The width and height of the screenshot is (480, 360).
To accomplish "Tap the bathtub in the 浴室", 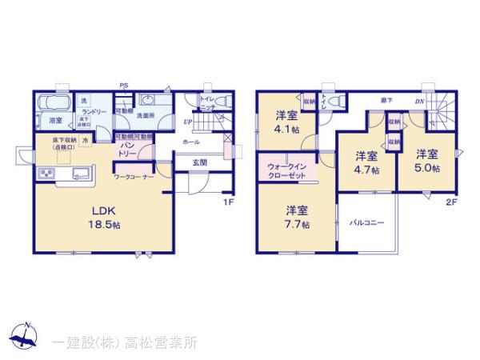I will [x=55, y=105].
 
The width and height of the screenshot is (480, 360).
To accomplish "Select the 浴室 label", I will [x=56, y=122].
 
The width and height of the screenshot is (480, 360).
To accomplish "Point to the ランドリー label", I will [x=93, y=112].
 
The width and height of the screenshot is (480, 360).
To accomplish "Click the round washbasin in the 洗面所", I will [x=146, y=102].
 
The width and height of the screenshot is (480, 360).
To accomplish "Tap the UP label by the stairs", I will [x=186, y=122].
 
